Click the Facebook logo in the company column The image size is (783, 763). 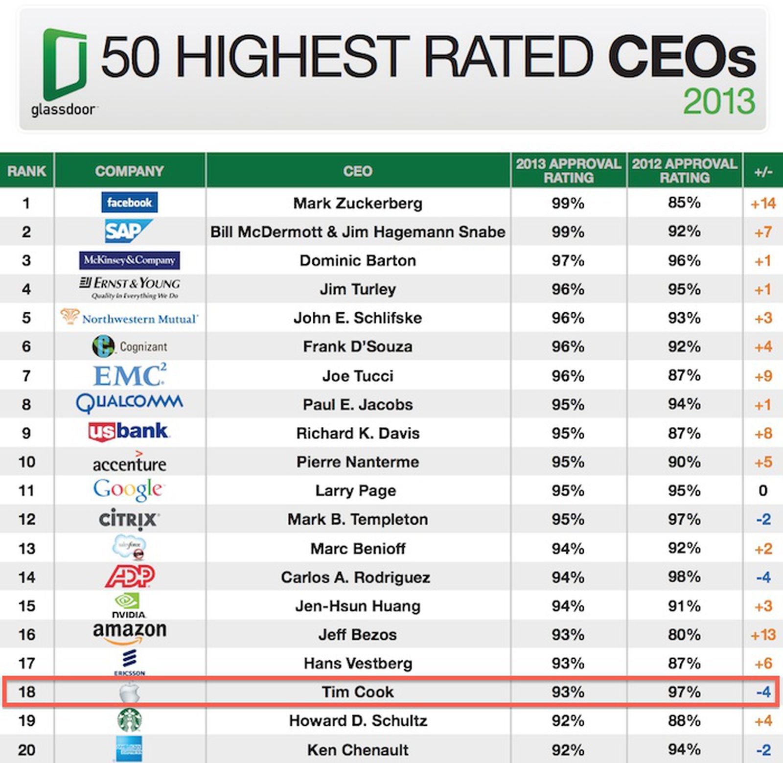129,202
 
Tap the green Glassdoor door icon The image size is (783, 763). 65,63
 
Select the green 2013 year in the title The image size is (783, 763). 719,101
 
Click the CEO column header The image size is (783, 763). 358,171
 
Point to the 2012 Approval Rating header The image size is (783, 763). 684,170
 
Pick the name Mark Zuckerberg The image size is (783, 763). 358,203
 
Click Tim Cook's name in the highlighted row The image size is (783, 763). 358,692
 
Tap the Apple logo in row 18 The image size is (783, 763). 129,693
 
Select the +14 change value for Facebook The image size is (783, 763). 763,203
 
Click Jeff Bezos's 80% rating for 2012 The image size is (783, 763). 684,635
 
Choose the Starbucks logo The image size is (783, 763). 130,720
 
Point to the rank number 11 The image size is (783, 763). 26,490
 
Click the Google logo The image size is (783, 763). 128,489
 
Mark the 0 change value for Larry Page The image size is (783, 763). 763,490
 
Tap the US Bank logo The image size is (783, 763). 129,432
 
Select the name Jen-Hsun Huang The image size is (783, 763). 358,606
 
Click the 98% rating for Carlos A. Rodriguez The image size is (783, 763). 684,577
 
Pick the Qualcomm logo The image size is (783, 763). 129,403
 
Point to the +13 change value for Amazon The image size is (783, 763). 763,635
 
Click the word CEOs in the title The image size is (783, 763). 682,58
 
